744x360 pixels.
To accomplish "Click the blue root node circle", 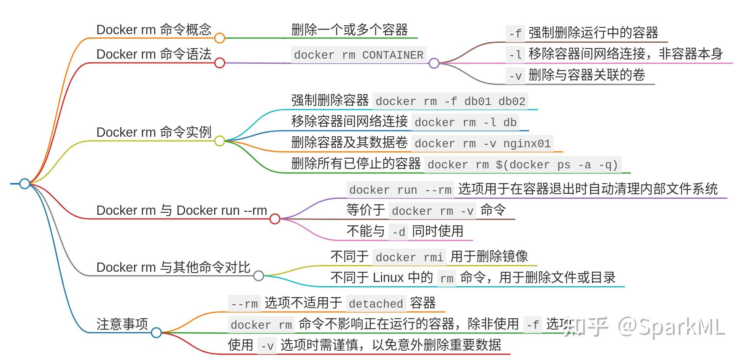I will tap(25, 184).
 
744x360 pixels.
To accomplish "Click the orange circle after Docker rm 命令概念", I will tap(219, 38).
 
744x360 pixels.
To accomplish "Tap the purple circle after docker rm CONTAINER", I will tap(434, 63).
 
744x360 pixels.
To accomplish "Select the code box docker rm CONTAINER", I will tap(359, 55).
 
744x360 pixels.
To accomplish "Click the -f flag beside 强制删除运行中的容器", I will tap(515, 33).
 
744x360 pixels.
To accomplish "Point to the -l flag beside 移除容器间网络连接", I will tap(515, 54).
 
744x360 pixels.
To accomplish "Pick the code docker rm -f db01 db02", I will tap(450, 101).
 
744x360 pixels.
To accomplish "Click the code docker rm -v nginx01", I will tap(482, 143).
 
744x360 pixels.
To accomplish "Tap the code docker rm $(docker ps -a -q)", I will tap(522, 165).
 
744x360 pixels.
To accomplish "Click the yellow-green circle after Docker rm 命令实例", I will tap(219, 141).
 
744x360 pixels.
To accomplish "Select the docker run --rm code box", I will tap(400, 190).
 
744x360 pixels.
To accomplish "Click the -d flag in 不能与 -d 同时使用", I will tap(398, 232).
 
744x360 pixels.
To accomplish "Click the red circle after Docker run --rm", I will tap(275, 219).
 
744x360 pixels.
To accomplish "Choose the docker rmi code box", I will tap(409, 257).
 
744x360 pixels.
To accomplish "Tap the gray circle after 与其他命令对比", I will tap(259, 276).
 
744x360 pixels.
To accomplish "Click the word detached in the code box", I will tap(376, 304).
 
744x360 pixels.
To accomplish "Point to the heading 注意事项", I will tap(122, 324).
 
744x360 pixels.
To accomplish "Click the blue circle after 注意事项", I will tap(156, 333).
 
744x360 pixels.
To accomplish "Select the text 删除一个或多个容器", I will tap(349, 30).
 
